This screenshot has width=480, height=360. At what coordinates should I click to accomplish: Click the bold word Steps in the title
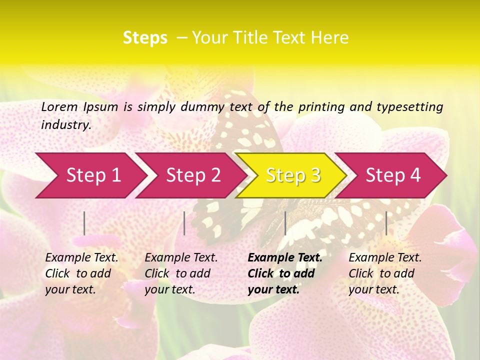(145, 38)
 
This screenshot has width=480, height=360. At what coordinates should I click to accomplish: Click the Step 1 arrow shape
(90, 175)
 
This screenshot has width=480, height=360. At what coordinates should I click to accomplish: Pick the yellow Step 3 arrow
(292, 175)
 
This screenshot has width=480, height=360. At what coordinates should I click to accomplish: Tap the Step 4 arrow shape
(392, 175)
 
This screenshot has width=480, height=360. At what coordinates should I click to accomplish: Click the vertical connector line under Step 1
(84, 223)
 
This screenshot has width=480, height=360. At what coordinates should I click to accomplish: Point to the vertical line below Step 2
(184, 223)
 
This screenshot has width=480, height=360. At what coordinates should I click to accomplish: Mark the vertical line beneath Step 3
(285, 223)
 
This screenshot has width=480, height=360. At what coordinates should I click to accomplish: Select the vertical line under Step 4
(386, 223)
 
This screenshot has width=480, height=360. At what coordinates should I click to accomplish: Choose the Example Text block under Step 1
(81, 273)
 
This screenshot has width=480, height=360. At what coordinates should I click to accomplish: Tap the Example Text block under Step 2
(181, 273)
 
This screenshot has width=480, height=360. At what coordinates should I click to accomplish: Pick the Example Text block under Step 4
(385, 273)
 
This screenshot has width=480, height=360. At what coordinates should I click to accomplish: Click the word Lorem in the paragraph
(59, 106)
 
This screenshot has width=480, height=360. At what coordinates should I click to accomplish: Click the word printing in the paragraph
(320, 107)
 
